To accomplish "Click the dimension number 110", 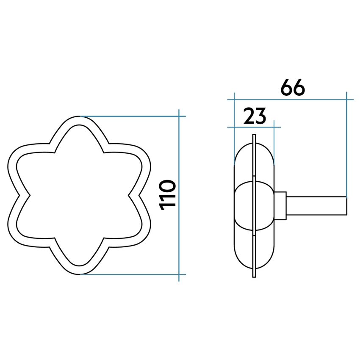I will (x=168, y=194).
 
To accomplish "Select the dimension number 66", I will (x=293, y=88).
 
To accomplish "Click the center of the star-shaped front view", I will (x=79, y=195).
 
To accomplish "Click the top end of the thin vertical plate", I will (x=254, y=137).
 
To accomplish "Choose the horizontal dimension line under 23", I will (x=254, y=127).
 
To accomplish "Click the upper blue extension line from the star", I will (x=131, y=116).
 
